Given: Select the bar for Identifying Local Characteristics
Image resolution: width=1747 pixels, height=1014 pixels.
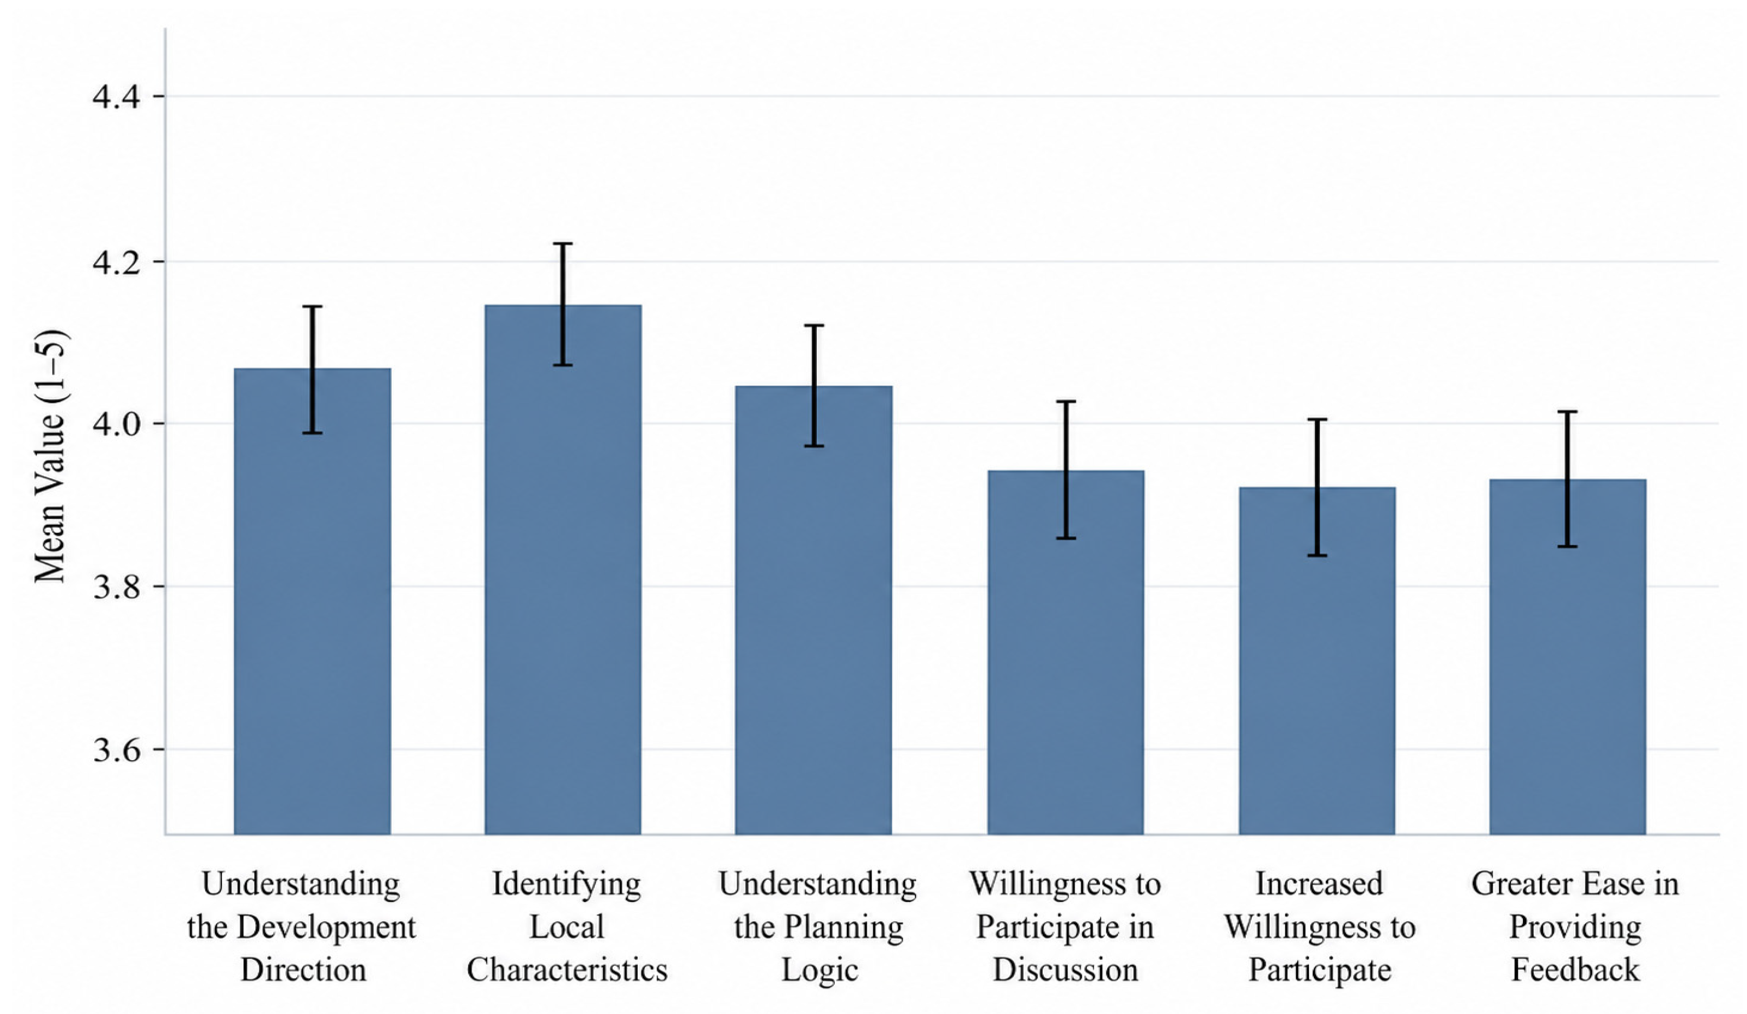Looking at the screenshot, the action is tap(563, 569).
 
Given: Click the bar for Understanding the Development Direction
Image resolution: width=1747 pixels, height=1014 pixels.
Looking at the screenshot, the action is tap(312, 601).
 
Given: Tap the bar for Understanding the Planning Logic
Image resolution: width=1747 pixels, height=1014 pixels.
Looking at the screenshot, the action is tap(814, 610).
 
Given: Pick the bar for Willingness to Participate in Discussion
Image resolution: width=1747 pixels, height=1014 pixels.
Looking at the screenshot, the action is tap(1065, 652).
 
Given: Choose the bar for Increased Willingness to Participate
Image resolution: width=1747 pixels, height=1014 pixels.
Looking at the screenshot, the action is tap(1317, 661).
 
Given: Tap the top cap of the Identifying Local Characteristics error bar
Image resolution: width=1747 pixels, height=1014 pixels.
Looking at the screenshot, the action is tap(563, 244).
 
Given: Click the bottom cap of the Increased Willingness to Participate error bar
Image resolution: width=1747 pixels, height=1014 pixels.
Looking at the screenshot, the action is tap(1317, 555).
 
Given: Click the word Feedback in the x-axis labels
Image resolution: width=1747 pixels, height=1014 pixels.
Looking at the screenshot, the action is tap(1575, 969).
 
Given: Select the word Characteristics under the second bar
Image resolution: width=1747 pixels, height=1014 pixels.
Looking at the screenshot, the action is tap(567, 969).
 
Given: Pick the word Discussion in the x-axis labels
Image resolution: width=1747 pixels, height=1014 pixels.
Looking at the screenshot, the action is tap(1065, 969).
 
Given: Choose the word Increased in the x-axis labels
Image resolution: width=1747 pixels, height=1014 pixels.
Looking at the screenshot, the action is tap(1319, 884).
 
